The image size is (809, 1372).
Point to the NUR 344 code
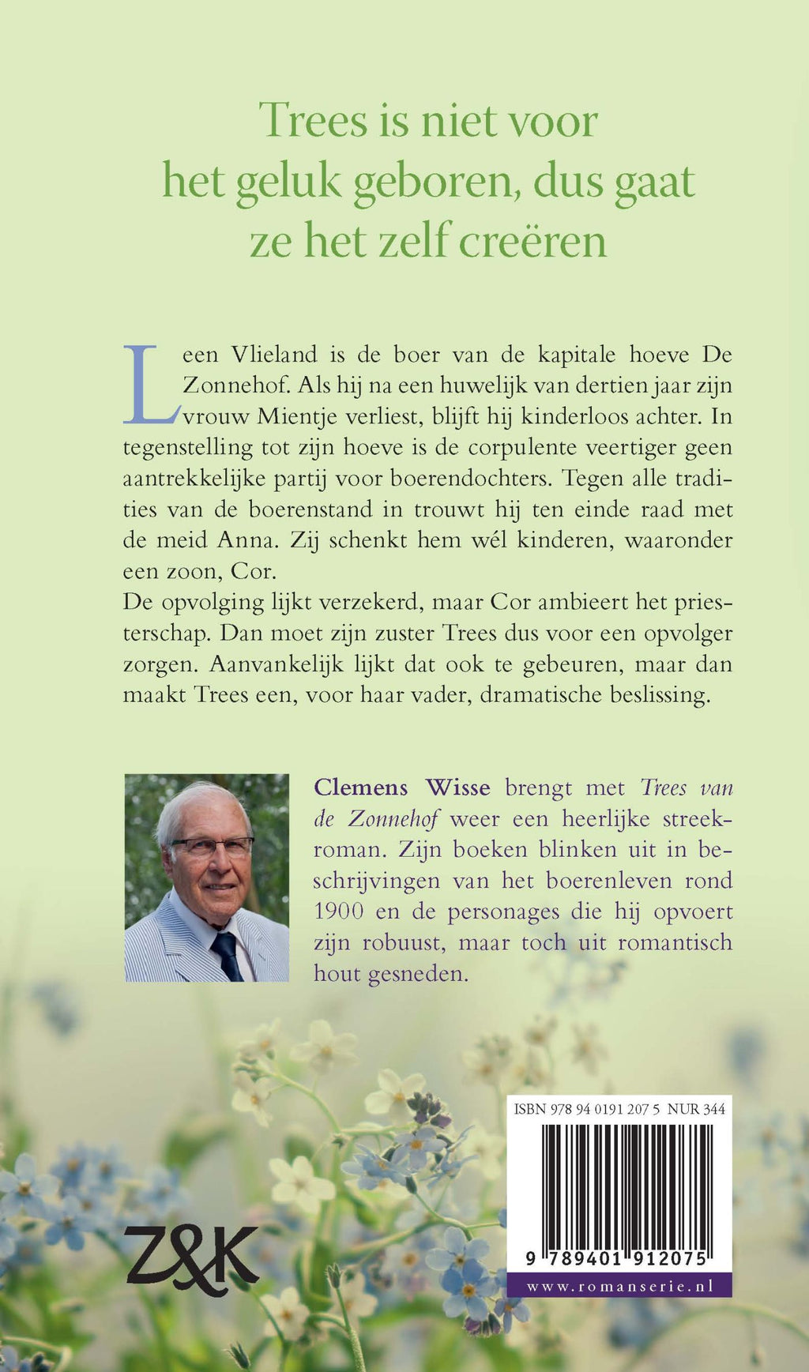(696, 1110)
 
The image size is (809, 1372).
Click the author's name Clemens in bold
(361, 787)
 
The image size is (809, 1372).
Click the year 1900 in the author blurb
(339, 912)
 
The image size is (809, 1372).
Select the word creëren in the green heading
(532, 241)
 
